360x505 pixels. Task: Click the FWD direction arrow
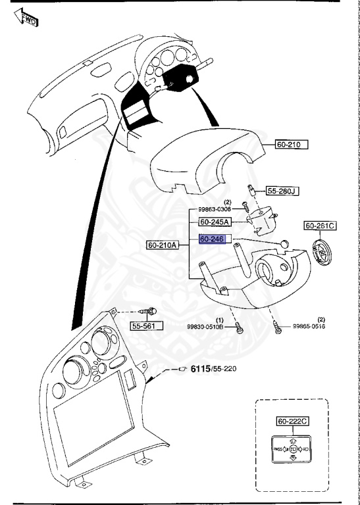tap(24, 18)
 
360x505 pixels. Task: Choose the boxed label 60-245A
tap(215, 222)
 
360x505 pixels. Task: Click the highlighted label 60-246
tap(213, 239)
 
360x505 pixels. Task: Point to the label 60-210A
tap(163, 245)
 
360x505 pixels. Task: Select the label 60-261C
tap(320, 226)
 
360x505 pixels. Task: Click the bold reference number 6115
tap(201, 368)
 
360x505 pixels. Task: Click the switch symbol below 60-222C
tap(292, 450)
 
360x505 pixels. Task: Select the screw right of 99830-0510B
tap(240, 328)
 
